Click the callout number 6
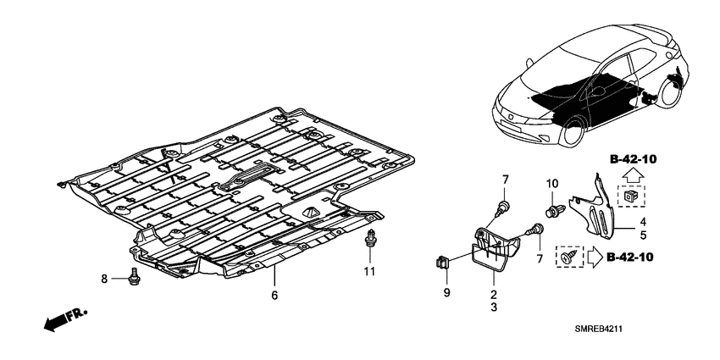click(274, 296)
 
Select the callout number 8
click(104, 279)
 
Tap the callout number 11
click(369, 271)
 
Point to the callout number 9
click(446, 292)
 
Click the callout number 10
click(552, 184)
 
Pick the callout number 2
click(494, 294)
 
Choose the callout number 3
click(494, 307)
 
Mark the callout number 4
click(643, 222)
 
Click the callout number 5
click(643, 235)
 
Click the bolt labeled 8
click(134, 277)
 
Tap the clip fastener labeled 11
click(370, 238)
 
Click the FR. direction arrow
click(65, 319)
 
